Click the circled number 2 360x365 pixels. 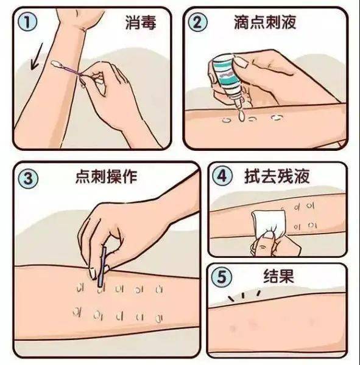click(199, 23)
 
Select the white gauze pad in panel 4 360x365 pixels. click(267, 219)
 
